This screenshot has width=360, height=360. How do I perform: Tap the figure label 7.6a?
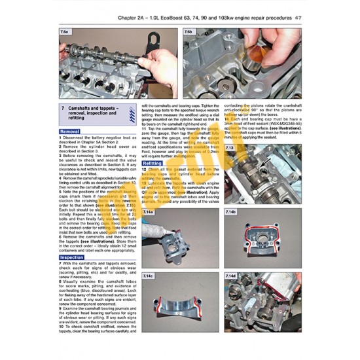[x=64, y=31]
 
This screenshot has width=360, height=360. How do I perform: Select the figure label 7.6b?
[x=189, y=31]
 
